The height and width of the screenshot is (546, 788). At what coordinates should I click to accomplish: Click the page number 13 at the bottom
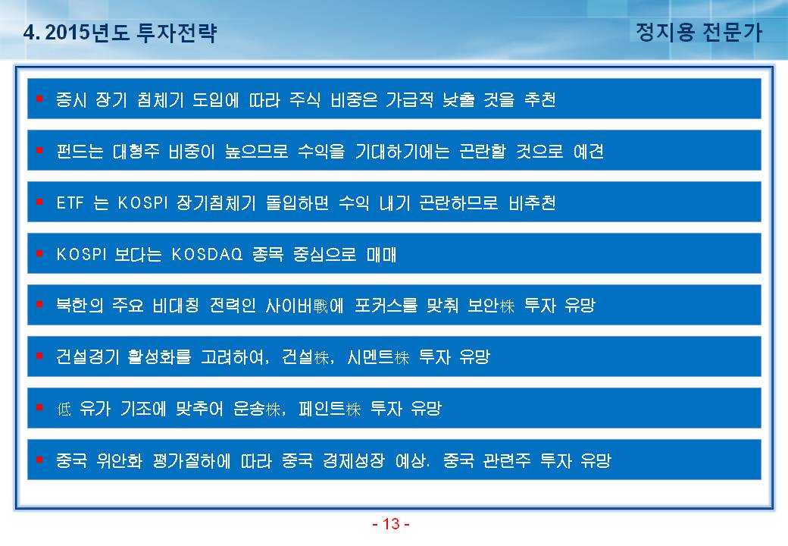391,524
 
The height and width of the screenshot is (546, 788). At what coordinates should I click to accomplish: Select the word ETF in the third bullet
70,202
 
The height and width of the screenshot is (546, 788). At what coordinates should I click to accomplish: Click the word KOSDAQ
207,254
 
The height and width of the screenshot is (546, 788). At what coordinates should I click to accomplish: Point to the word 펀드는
80,151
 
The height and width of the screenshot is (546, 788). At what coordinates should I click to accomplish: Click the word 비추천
532,202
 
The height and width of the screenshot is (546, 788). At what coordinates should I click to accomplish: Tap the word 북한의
80,305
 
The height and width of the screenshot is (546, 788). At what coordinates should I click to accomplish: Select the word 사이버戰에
305,305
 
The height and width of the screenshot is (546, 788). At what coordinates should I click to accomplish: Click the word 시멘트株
378,357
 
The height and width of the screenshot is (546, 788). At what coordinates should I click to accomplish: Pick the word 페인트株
330,409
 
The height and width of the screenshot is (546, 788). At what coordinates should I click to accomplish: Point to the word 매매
381,254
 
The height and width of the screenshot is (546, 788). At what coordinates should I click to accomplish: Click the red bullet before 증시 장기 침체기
39,99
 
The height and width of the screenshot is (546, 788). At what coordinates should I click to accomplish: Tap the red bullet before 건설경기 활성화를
39,356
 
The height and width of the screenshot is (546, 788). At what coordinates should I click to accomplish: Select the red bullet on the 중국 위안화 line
39,459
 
